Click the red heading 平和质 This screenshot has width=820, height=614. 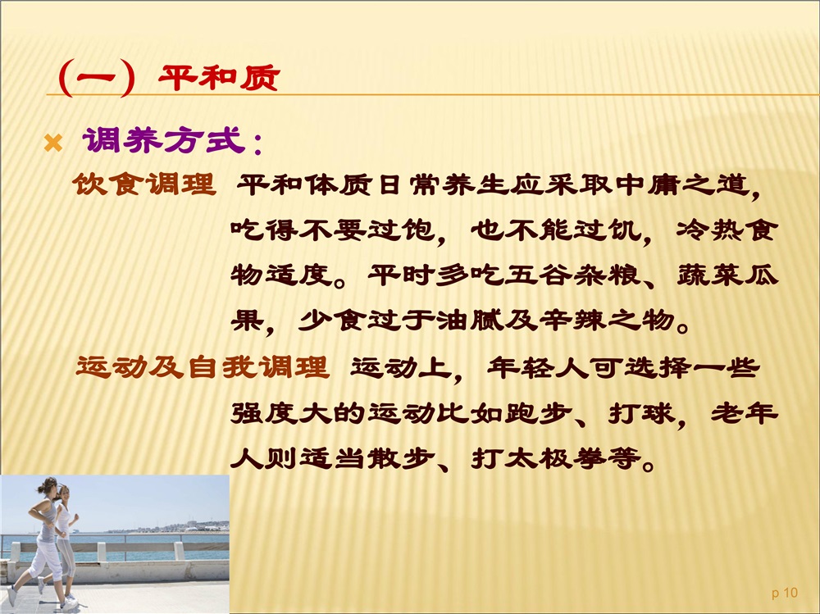(x=219, y=79)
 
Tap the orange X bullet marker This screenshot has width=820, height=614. (x=53, y=143)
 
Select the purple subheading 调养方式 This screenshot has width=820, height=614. (x=164, y=140)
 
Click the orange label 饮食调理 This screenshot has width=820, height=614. (x=144, y=184)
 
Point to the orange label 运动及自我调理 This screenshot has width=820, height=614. (x=203, y=366)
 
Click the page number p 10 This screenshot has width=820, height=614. (x=785, y=593)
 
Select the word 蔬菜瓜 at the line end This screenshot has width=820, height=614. (x=727, y=274)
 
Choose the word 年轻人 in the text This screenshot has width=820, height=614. (x=537, y=367)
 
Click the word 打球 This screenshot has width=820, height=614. (x=642, y=413)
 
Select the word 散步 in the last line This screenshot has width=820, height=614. (x=401, y=459)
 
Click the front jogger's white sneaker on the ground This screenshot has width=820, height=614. (x=69, y=604)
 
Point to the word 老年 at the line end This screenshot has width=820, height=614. (x=745, y=413)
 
